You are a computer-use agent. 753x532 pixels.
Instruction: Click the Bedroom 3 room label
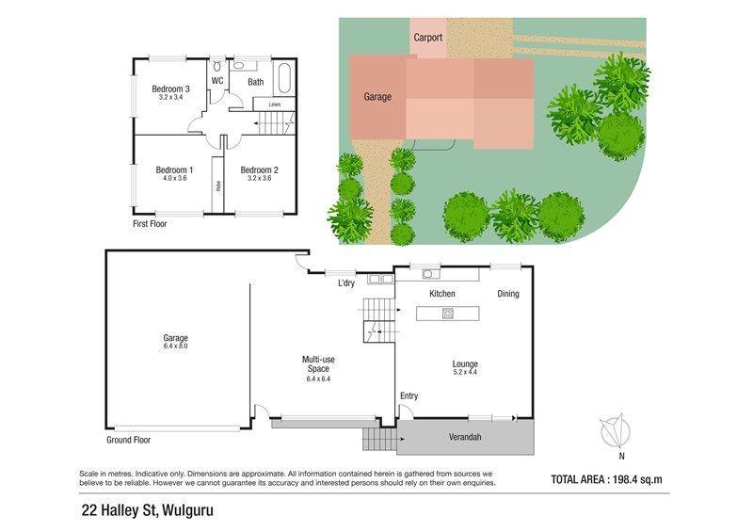click(170, 89)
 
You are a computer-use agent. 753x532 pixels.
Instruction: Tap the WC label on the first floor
click(217, 81)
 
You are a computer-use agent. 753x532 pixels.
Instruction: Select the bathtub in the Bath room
click(283, 78)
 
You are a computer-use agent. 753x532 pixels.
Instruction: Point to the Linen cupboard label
click(275, 105)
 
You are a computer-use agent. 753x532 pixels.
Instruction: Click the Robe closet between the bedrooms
click(218, 185)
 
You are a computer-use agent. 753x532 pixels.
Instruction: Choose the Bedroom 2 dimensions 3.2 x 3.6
click(260, 178)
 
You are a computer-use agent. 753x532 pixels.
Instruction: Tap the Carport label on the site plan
click(427, 38)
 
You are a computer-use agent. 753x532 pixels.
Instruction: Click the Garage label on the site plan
click(377, 97)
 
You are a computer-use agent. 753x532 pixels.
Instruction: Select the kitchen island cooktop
click(448, 314)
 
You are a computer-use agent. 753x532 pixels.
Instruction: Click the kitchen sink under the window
click(428, 274)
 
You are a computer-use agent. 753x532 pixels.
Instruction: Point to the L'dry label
click(346, 282)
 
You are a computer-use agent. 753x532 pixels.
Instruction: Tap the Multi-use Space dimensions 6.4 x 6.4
click(318, 379)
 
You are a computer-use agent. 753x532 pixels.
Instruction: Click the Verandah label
click(465, 437)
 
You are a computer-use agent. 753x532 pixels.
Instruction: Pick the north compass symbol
click(616, 431)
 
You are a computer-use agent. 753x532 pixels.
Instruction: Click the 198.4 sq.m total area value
click(637, 479)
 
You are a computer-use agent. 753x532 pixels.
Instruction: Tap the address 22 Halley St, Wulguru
click(148, 511)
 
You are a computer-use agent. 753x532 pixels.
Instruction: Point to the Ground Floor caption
click(129, 440)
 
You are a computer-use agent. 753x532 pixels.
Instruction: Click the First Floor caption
click(150, 224)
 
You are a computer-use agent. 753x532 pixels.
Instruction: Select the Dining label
click(508, 294)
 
